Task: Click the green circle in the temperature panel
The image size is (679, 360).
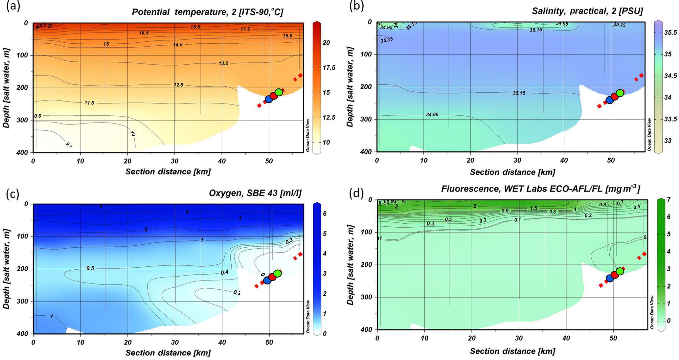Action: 279,92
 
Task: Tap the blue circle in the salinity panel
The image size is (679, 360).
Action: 610,100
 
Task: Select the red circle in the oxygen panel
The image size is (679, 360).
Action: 272,277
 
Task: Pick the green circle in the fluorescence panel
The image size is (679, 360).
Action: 620,271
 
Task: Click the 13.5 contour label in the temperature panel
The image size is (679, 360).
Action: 223,63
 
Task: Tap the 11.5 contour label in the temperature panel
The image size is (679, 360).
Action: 89,103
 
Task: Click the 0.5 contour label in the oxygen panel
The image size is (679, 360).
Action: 90,268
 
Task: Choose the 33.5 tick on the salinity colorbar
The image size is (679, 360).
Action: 670,119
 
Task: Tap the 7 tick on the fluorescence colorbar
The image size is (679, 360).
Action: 669,199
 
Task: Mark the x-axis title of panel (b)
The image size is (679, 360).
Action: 512,172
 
